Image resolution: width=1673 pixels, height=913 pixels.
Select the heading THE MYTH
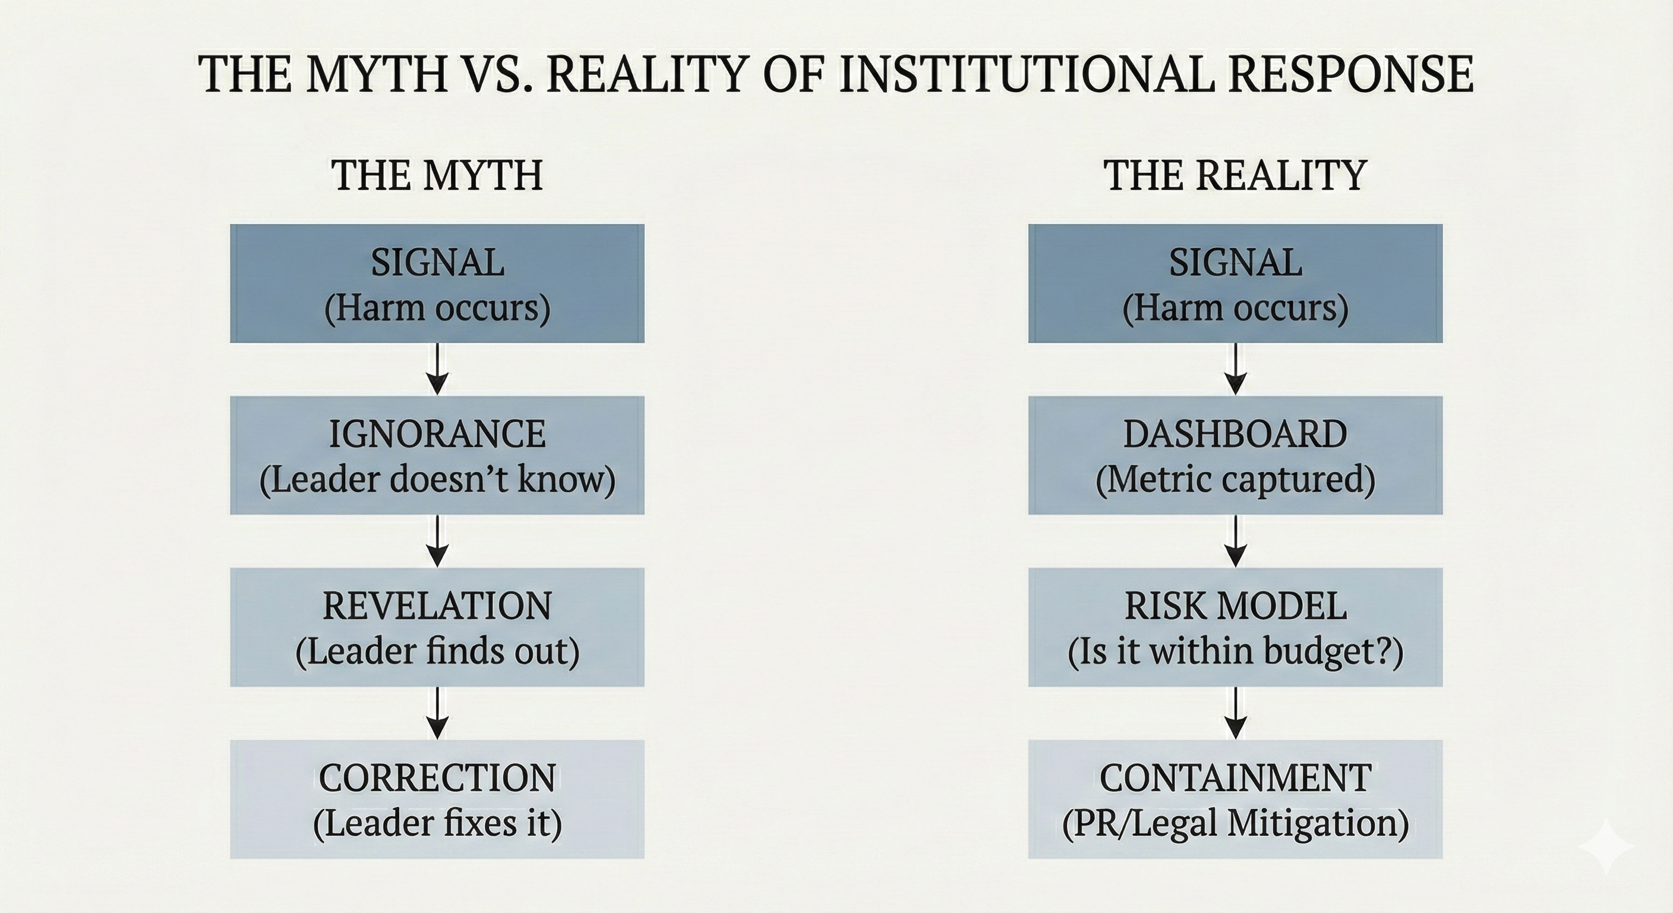click(x=437, y=175)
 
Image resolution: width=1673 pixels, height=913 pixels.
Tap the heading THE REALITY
click(x=1235, y=175)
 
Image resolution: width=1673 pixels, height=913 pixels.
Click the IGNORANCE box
click(x=437, y=455)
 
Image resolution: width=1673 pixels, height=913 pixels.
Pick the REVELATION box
click(x=437, y=627)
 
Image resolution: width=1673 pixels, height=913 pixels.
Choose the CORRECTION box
click(x=437, y=799)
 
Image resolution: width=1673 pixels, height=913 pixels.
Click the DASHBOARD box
click(x=1235, y=455)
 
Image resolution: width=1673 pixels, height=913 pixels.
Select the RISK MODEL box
click(x=1235, y=627)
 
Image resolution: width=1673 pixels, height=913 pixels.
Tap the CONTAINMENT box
click(x=1235, y=799)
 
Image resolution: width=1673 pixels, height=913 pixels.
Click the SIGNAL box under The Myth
click(x=437, y=284)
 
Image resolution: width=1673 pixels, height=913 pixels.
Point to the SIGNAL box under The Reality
click(x=1235, y=284)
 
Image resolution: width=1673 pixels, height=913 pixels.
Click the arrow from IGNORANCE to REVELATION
click(x=438, y=541)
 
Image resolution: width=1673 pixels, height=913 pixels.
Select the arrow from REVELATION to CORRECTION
click(x=438, y=713)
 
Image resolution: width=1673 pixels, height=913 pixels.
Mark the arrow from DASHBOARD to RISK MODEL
click(x=1235, y=541)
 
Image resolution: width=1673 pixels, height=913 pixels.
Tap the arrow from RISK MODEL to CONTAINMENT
click(x=1235, y=713)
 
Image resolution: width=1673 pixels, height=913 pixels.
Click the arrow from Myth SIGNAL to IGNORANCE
click(x=438, y=369)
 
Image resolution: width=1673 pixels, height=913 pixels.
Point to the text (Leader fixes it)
click(x=437, y=823)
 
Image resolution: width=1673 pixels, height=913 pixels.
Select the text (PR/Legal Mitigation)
click(x=1235, y=823)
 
